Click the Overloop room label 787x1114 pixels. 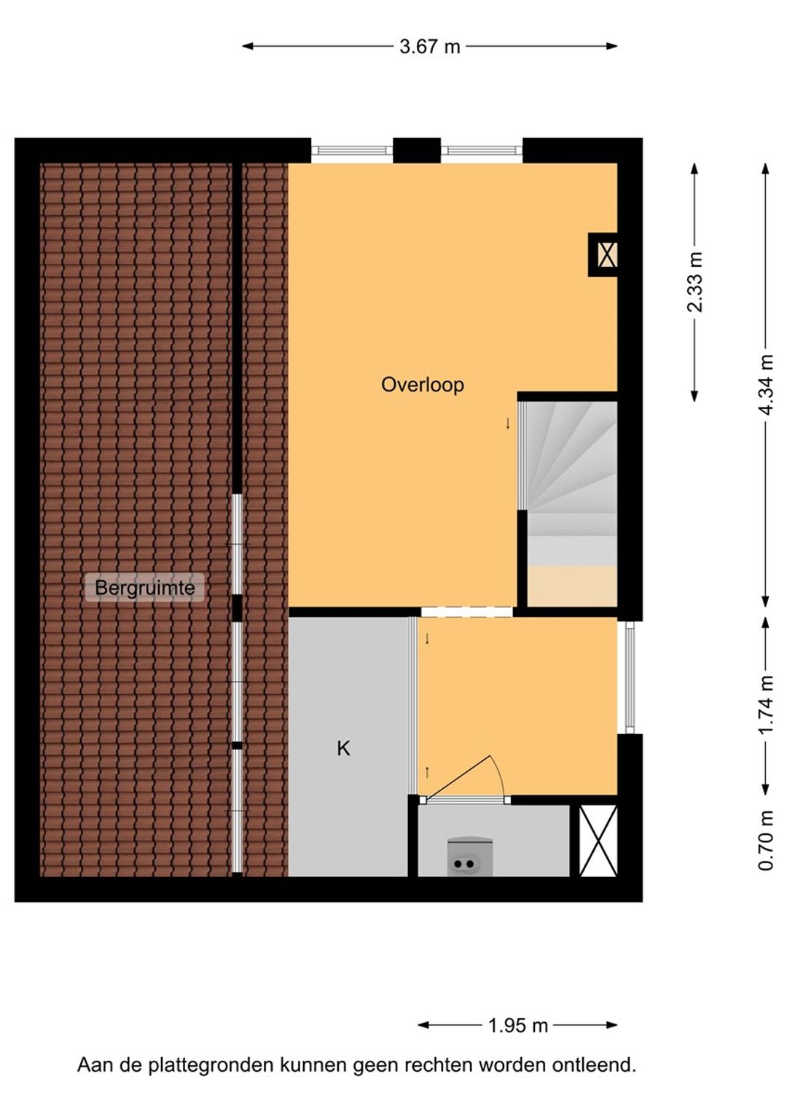coord(422,384)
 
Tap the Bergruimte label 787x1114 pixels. coord(144,588)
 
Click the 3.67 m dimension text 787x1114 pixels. coord(429,47)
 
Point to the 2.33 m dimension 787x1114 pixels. coord(694,282)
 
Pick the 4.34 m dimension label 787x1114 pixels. coord(766,384)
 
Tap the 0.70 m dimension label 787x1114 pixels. coord(766,841)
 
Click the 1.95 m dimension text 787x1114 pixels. coord(517,1026)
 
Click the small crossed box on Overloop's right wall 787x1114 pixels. coord(606,254)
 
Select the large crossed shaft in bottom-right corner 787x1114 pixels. coord(598,841)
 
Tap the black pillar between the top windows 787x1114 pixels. coord(417,151)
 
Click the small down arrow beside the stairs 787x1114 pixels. coord(508,424)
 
